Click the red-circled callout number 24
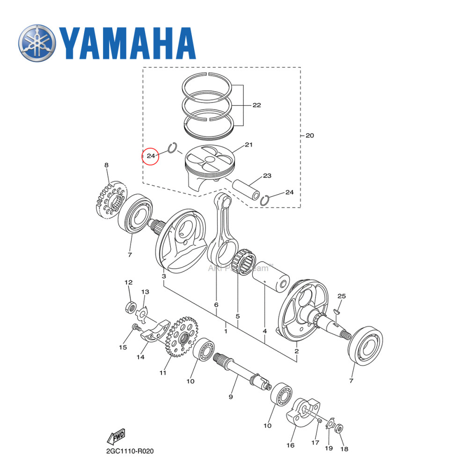coord(151,156)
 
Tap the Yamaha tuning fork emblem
coord(37,43)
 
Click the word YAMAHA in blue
coord(127,44)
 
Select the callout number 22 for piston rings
coord(256,105)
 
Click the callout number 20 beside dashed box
coord(309,136)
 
